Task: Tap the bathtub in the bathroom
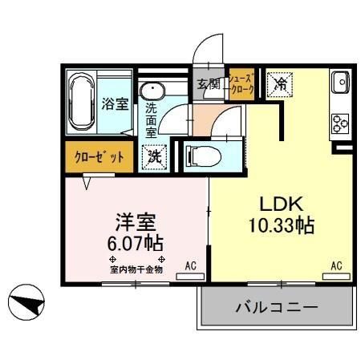(79, 103)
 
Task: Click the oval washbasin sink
(151, 90)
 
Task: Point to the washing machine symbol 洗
(153, 156)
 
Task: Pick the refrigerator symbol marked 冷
(281, 83)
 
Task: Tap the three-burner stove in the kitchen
(339, 122)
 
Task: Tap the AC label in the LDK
(337, 265)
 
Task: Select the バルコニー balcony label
(277, 307)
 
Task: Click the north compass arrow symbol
(26, 304)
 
